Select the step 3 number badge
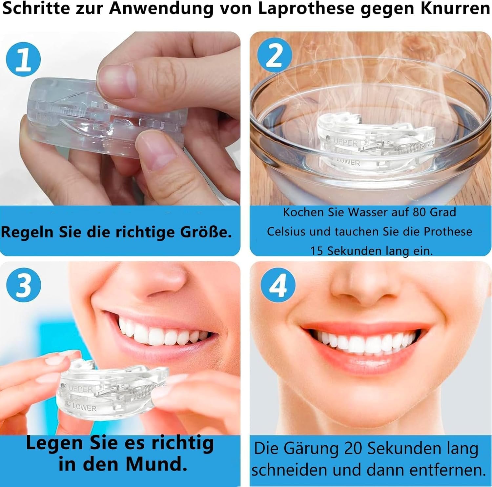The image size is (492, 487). coord(24,285)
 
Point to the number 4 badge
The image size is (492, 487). coord(278,285)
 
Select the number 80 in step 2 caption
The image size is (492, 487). coord(420,212)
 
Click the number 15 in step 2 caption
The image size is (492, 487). coord(317,251)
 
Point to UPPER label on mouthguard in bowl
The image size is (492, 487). coord(346,143)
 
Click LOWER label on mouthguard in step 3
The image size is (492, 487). coord(84,407)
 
